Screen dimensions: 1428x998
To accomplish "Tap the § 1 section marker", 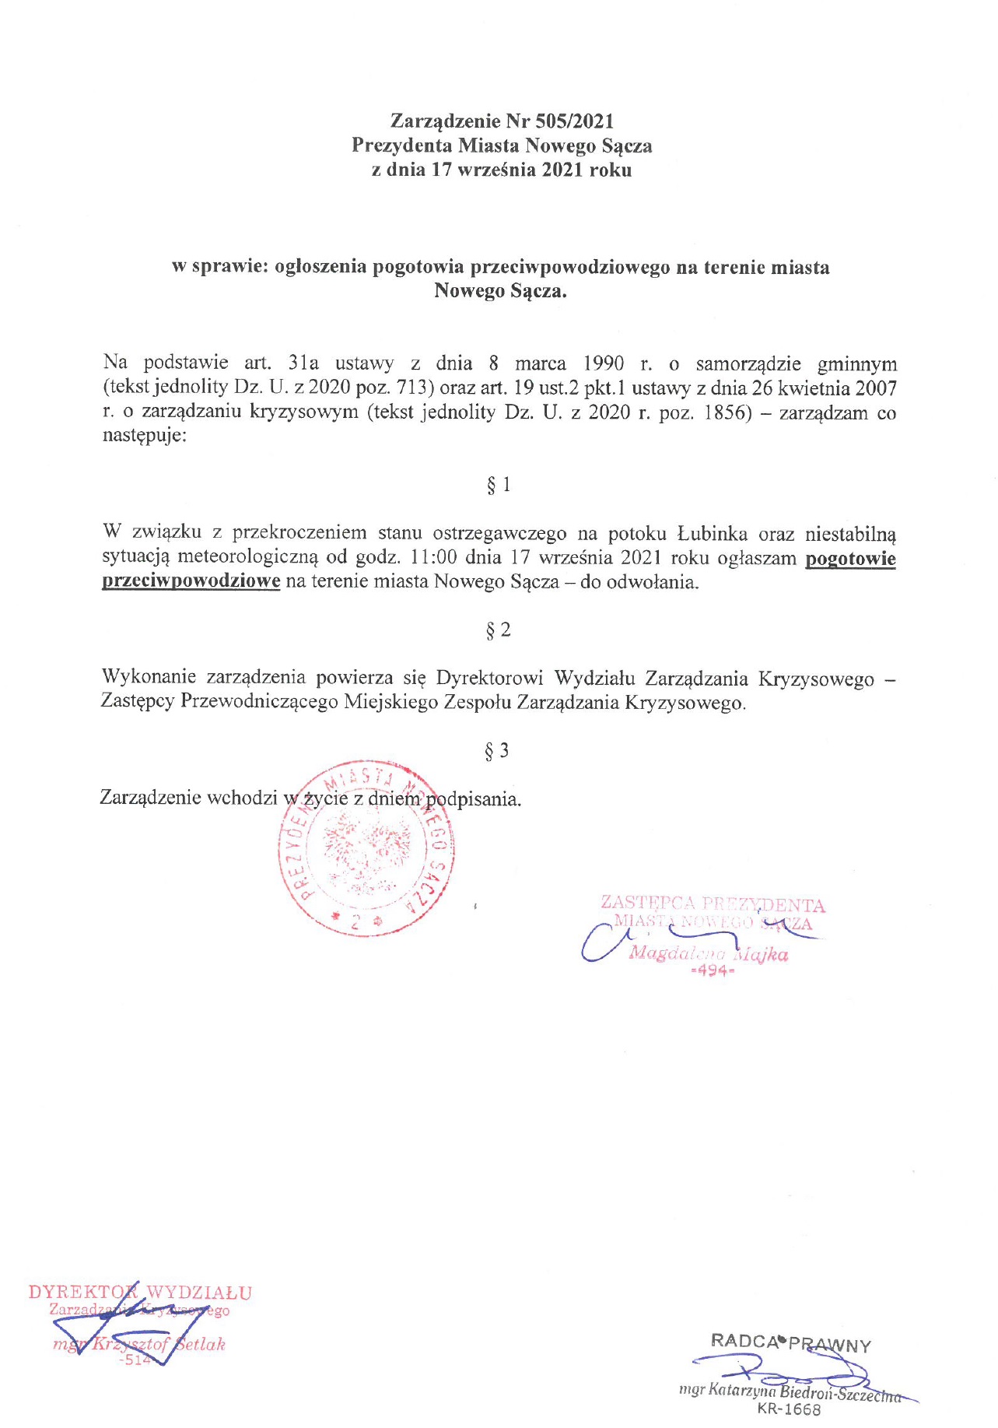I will [499, 485].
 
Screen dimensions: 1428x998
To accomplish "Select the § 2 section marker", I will [499, 630].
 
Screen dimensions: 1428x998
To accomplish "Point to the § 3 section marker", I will [497, 751].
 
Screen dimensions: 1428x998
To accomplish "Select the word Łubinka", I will [713, 534].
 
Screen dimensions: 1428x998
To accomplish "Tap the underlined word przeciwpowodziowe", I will [191, 582].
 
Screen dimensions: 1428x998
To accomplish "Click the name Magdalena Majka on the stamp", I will [709, 954].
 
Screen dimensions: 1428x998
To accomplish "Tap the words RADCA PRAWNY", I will [790, 1342].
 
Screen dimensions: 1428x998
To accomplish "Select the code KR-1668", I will [788, 1409].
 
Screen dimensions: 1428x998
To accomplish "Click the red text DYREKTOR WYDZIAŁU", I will [140, 1293].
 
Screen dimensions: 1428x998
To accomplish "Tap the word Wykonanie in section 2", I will [149, 678].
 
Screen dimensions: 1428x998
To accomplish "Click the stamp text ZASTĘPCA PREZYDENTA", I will [713, 904].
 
